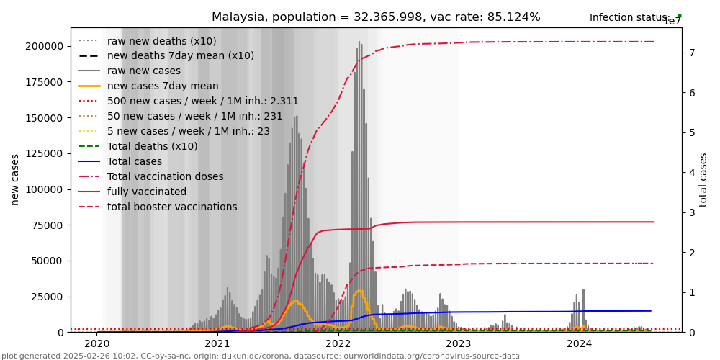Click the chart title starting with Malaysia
point(376,17)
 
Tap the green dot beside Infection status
point(679,16)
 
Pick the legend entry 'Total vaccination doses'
point(165,176)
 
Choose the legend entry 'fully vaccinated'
point(147,192)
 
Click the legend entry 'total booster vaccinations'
point(172,207)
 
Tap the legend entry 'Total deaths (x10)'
point(152,146)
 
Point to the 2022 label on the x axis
point(338,343)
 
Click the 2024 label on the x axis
point(579,343)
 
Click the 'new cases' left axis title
point(14,179)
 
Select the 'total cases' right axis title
point(704,179)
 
